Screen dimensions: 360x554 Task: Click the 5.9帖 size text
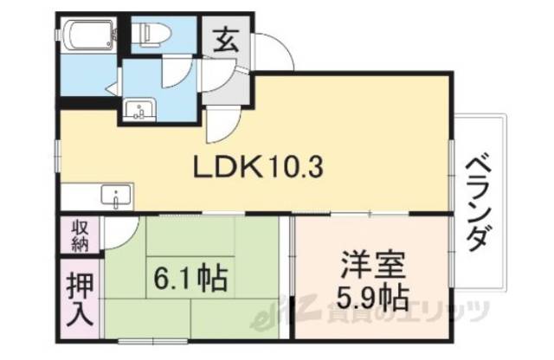[x=370, y=299]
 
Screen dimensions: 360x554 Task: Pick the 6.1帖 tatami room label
[x=190, y=279]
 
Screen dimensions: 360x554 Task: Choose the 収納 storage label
[x=80, y=235]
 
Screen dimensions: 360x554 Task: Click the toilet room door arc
[x=175, y=74]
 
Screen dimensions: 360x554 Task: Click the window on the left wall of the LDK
[x=58, y=161]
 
